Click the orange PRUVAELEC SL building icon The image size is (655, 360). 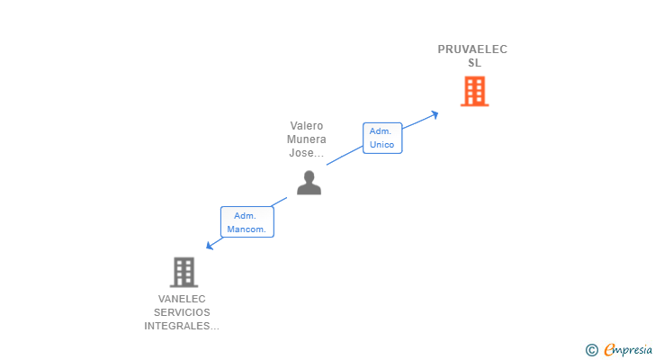pyautogui.click(x=474, y=91)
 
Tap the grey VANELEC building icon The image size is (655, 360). pyautogui.click(x=184, y=272)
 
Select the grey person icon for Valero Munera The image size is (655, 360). pyautogui.click(x=309, y=183)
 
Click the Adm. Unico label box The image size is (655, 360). pyautogui.click(x=381, y=138)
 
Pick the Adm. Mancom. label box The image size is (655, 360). pyautogui.click(x=247, y=222)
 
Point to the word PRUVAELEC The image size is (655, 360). pyautogui.click(x=472, y=49)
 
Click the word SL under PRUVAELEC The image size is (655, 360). pyautogui.click(x=474, y=63)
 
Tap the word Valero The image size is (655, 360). pyautogui.click(x=306, y=126)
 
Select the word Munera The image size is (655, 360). pyautogui.click(x=306, y=139)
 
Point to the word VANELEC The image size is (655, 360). pyautogui.click(x=182, y=299)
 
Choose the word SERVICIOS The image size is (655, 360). pyautogui.click(x=182, y=312)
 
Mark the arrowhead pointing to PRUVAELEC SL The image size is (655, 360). pyautogui.click(x=435, y=113)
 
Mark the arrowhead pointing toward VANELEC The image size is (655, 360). pyautogui.click(x=210, y=246)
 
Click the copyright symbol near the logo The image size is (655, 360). pyautogui.click(x=591, y=350)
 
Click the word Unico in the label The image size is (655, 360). pyautogui.click(x=381, y=145)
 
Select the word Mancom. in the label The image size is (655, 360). pyautogui.click(x=247, y=229)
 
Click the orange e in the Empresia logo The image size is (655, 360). pyautogui.click(x=609, y=350)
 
